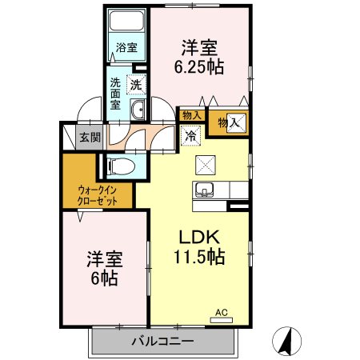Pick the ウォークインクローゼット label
click(98, 195)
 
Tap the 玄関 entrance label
click(90, 137)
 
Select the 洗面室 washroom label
click(115, 93)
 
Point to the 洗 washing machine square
click(136, 84)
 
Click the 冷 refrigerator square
click(191, 136)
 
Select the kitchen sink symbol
click(204, 190)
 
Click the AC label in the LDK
click(222, 313)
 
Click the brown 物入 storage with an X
click(236, 122)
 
